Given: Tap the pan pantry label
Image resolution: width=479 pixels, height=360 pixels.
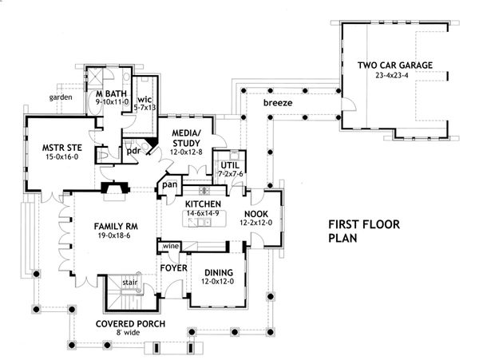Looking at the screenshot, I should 169,185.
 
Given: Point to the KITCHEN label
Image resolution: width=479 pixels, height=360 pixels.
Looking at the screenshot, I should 204,205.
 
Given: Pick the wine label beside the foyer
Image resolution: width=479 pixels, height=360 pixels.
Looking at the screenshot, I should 170,247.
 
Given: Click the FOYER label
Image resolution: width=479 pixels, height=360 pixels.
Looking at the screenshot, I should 173,267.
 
